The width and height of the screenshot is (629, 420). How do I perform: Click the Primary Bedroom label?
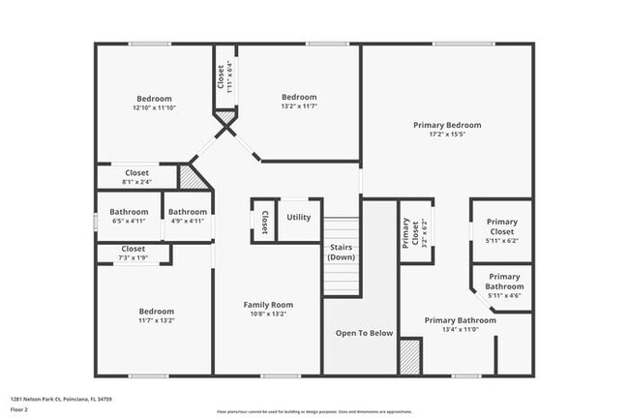[x=446, y=125]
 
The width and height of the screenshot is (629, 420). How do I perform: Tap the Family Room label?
[x=267, y=305]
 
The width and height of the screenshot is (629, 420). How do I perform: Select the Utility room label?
[x=299, y=217]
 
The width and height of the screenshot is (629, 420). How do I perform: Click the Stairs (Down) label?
[x=341, y=252]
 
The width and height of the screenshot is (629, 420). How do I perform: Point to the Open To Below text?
[x=364, y=333]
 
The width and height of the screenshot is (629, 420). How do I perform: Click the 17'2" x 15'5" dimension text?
[x=446, y=135]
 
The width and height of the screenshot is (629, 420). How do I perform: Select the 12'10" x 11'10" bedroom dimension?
[x=154, y=108]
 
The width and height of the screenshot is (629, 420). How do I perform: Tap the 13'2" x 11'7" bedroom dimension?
[x=299, y=107]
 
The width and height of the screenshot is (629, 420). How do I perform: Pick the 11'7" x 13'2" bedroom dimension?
[x=154, y=320]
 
